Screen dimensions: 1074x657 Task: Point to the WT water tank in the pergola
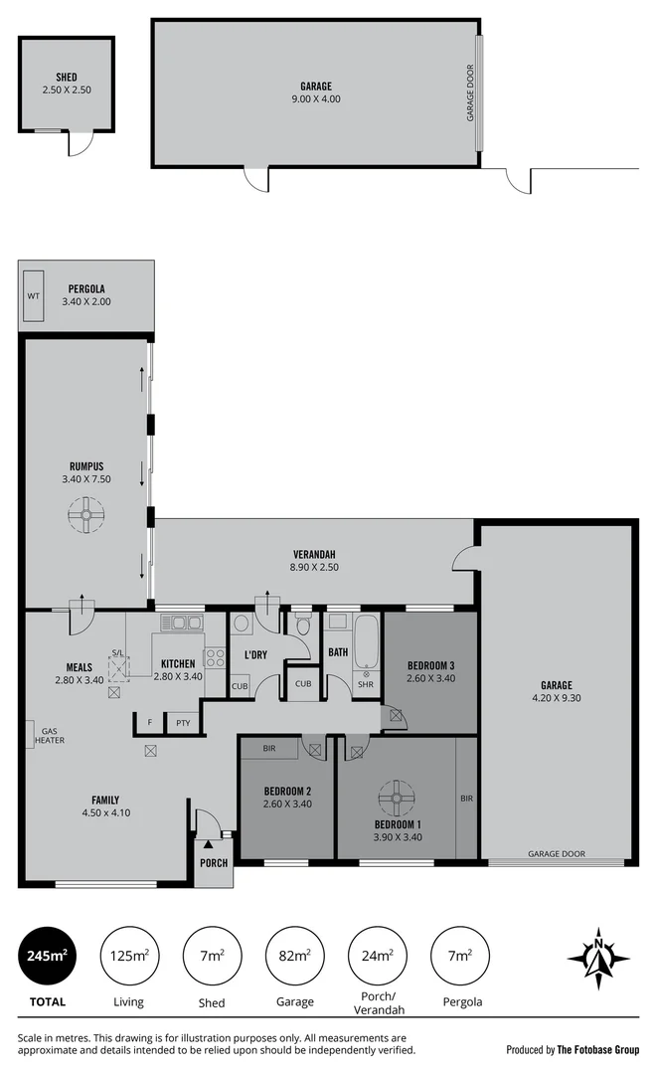(x=33, y=295)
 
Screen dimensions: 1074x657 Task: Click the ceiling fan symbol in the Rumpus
(x=86, y=514)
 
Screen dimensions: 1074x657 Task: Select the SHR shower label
(x=365, y=685)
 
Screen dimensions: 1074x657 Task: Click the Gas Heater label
(x=50, y=735)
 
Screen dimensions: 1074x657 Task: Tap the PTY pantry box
(x=183, y=723)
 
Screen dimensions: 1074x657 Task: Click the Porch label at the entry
(x=215, y=863)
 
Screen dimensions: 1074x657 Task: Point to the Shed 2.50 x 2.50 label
(x=67, y=84)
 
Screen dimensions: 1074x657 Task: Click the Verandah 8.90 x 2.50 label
(x=313, y=561)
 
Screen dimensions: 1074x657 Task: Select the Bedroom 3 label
(x=430, y=665)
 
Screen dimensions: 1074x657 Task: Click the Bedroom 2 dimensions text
(x=286, y=804)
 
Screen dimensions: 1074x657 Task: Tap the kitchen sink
(x=181, y=624)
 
